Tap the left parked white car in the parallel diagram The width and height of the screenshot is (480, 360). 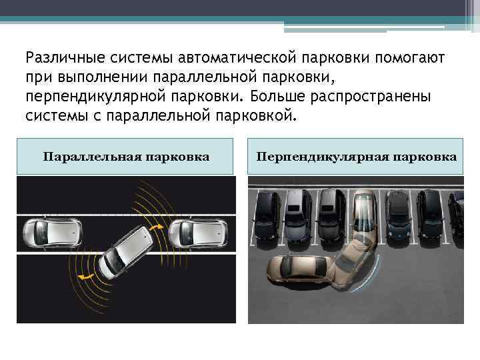49,232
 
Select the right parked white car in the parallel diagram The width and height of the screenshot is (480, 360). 198,232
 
